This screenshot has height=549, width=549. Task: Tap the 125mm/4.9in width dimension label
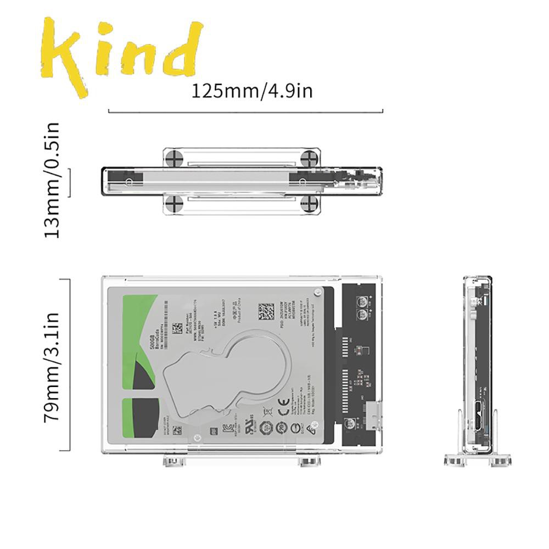[x=251, y=91]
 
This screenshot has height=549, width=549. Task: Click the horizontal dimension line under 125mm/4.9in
[x=245, y=111]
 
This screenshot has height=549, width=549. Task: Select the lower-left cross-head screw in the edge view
[x=175, y=204]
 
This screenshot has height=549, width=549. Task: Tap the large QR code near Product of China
[x=266, y=311]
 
